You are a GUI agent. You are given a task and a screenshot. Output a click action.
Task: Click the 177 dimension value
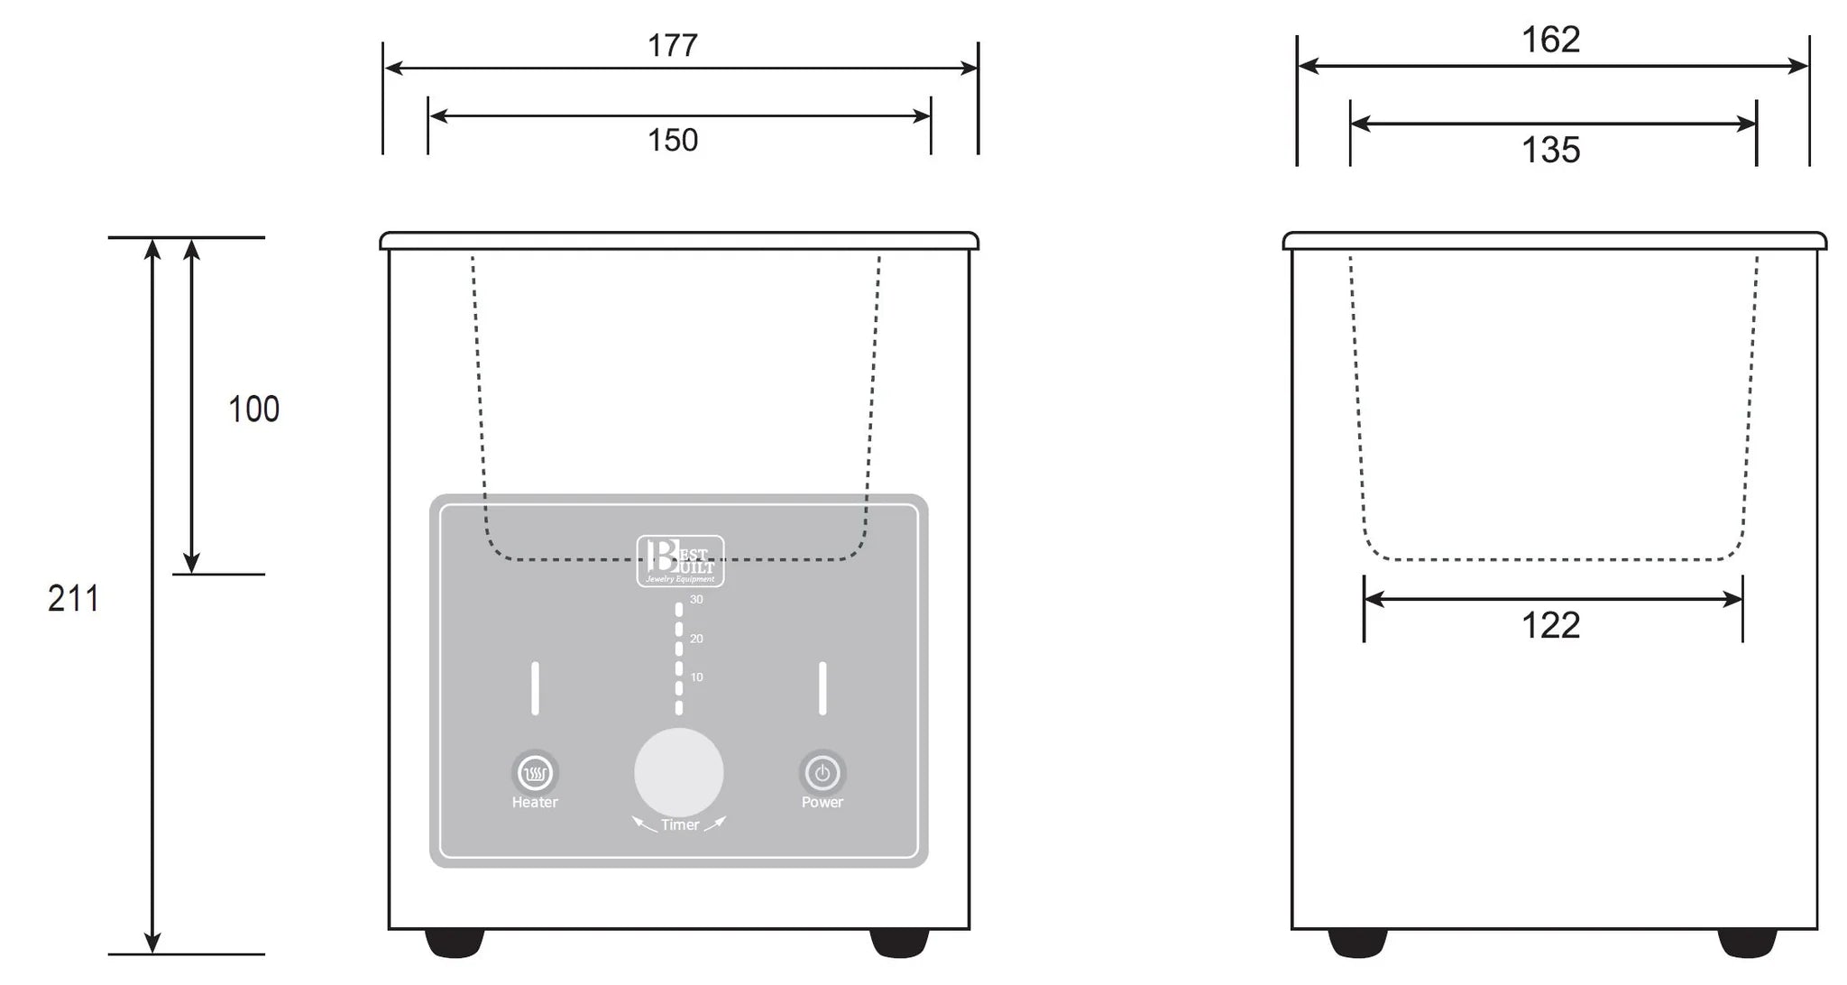coord(673,45)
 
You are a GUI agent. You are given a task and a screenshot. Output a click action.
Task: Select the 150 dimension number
coord(673,140)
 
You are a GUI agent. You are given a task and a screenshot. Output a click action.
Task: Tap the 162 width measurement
coord(1550,40)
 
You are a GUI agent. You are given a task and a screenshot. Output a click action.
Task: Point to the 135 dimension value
coord(1550,150)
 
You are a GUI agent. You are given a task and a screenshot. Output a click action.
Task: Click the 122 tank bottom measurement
coord(1550,625)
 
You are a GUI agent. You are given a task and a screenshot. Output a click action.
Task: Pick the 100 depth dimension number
coord(253,410)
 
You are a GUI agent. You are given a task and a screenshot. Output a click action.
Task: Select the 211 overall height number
coord(73,599)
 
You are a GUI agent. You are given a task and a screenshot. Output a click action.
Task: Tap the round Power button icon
coord(822,773)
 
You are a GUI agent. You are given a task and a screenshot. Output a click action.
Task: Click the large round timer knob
coord(678,773)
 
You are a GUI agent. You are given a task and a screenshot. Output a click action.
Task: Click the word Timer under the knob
coord(679,824)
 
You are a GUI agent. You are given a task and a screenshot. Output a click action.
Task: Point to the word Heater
coord(535,802)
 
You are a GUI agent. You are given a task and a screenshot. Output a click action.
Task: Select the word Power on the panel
coord(822,802)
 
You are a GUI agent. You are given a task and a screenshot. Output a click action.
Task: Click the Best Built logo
coord(680,561)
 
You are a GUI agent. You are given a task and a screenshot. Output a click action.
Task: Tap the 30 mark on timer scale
coord(696,600)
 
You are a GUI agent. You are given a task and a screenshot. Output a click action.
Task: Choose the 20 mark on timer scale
coord(696,639)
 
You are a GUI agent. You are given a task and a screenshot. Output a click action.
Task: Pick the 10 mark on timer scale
coord(696,677)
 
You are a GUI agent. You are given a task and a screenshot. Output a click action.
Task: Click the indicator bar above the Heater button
coord(535,688)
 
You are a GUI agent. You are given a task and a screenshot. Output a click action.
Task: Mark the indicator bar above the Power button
coord(822,688)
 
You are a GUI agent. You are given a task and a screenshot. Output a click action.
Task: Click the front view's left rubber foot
coord(455,943)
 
